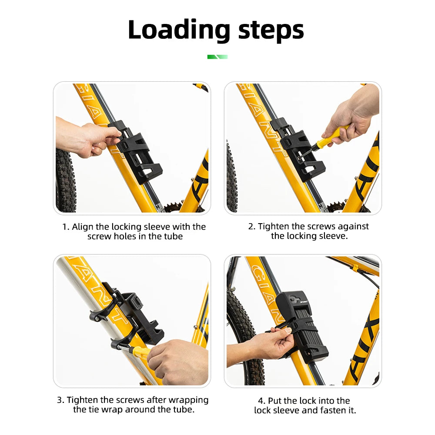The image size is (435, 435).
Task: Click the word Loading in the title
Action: coord(179,30)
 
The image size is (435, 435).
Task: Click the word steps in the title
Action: coord(271,30)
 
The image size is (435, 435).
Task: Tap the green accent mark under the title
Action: coord(217,57)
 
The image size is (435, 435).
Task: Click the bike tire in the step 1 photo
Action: coord(65,181)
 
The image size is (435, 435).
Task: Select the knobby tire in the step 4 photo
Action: coord(244,333)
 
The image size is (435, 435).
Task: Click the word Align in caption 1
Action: coord(82,227)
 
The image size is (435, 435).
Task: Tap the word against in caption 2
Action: coord(353,227)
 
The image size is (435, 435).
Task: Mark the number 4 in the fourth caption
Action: coord(261,401)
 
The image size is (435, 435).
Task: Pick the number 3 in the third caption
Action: coord(60,400)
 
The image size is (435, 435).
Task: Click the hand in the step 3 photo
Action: coord(177,362)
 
